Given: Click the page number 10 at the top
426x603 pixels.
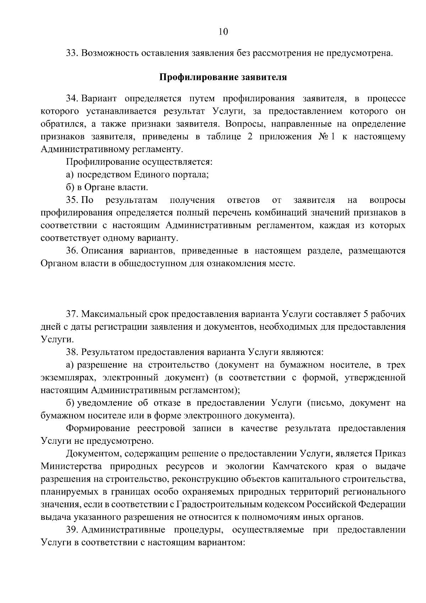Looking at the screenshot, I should pos(223,32).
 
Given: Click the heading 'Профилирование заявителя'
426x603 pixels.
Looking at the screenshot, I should pos(223,77).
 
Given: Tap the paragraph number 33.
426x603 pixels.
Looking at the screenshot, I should pos(72,54).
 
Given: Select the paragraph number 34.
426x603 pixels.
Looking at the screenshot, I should pos(72,98).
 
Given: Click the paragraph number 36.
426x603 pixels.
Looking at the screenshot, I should pos(72,251).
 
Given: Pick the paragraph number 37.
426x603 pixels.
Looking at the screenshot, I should pos(72,314).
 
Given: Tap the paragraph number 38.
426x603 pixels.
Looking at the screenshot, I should pos(72,352).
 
